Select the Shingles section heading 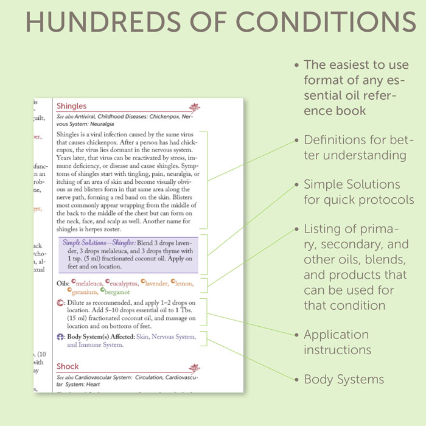point(71,106)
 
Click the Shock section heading point(68,366)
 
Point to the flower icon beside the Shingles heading point(194,108)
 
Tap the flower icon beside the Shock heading point(194,368)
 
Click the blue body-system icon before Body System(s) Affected point(60,336)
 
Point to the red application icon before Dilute point(60,302)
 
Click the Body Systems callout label point(344,379)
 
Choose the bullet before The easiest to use point(297,65)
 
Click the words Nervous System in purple point(173,336)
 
